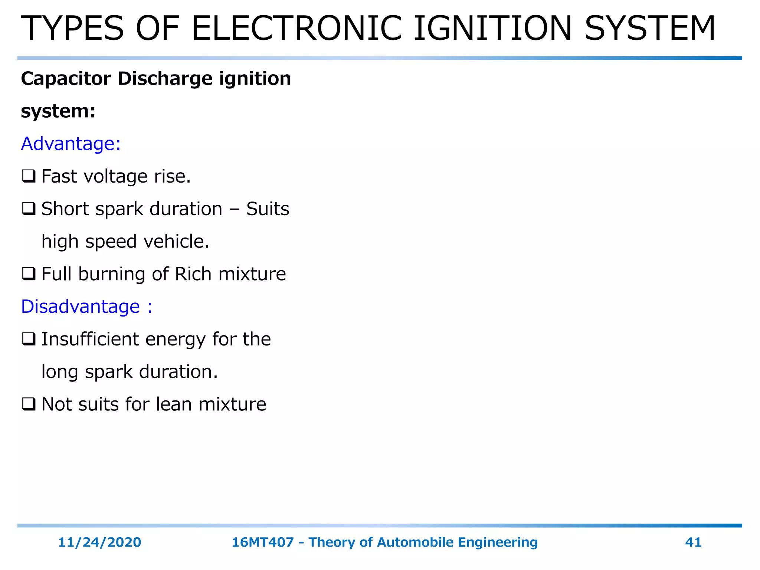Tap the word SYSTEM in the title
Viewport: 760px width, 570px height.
pos(650,29)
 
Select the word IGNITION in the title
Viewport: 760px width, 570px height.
pos(493,29)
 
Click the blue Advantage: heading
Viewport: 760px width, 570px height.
pos(71,144)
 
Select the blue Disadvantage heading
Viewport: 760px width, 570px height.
pos(86,307)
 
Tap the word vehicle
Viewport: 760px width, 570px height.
pos(176,242)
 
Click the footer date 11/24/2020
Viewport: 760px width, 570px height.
pos(99,542)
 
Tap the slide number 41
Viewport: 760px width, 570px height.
pos(693,542)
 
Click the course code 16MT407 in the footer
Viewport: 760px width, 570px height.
pos(263,542)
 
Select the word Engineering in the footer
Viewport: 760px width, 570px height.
pos(498,543)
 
